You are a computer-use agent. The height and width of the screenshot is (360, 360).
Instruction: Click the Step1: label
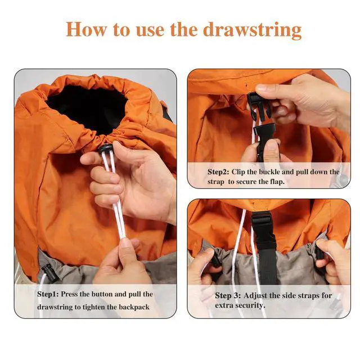(52, 294)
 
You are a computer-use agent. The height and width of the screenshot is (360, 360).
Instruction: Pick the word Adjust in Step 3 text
(259, 295)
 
